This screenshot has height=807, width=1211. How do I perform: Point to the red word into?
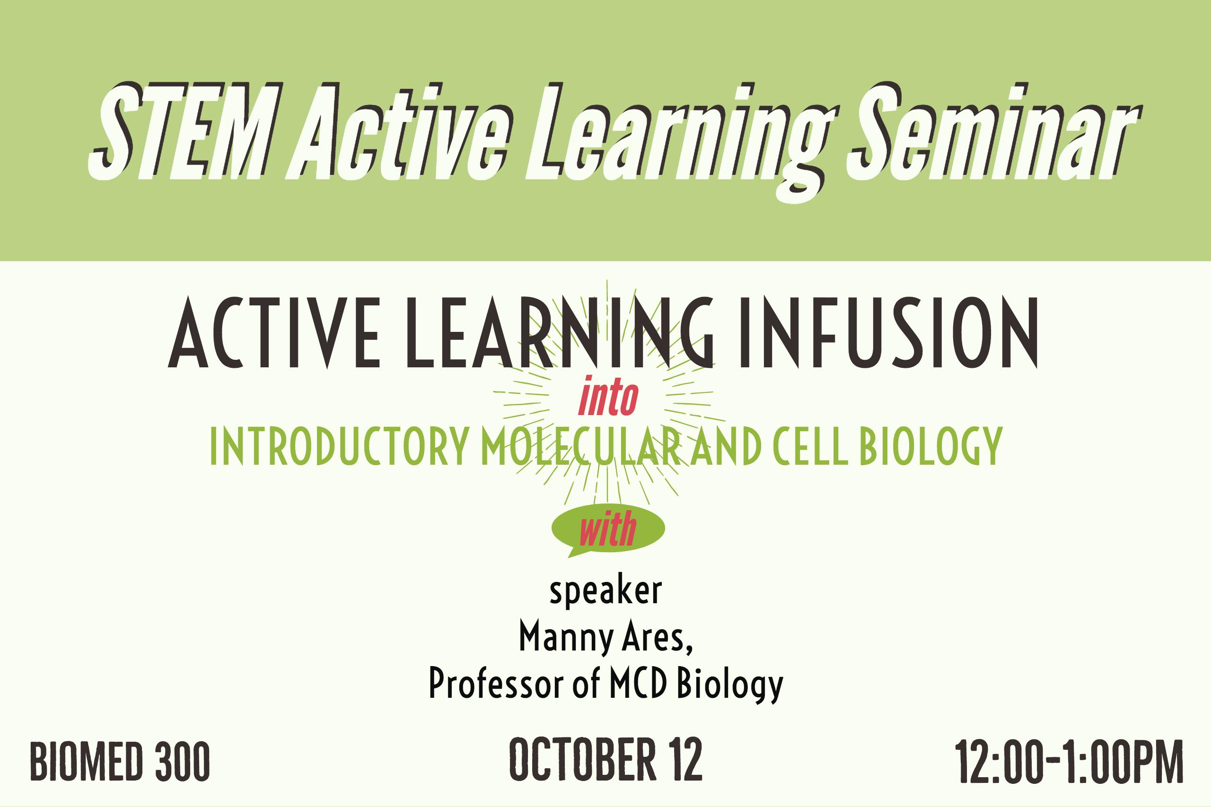coord(608,398)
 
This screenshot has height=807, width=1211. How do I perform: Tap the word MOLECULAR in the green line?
coord(581,446)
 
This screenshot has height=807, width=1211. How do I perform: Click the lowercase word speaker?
coord(605,592)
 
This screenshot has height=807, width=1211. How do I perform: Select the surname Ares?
coord(657,637)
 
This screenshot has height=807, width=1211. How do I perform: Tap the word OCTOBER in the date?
coord(582,760)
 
